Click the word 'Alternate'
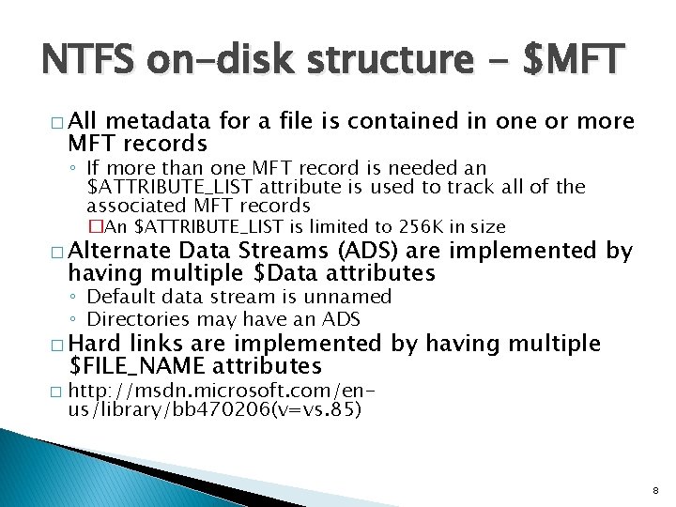pos(119,251)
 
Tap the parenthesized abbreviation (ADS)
pos(359,251)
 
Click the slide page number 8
pos(654,489)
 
